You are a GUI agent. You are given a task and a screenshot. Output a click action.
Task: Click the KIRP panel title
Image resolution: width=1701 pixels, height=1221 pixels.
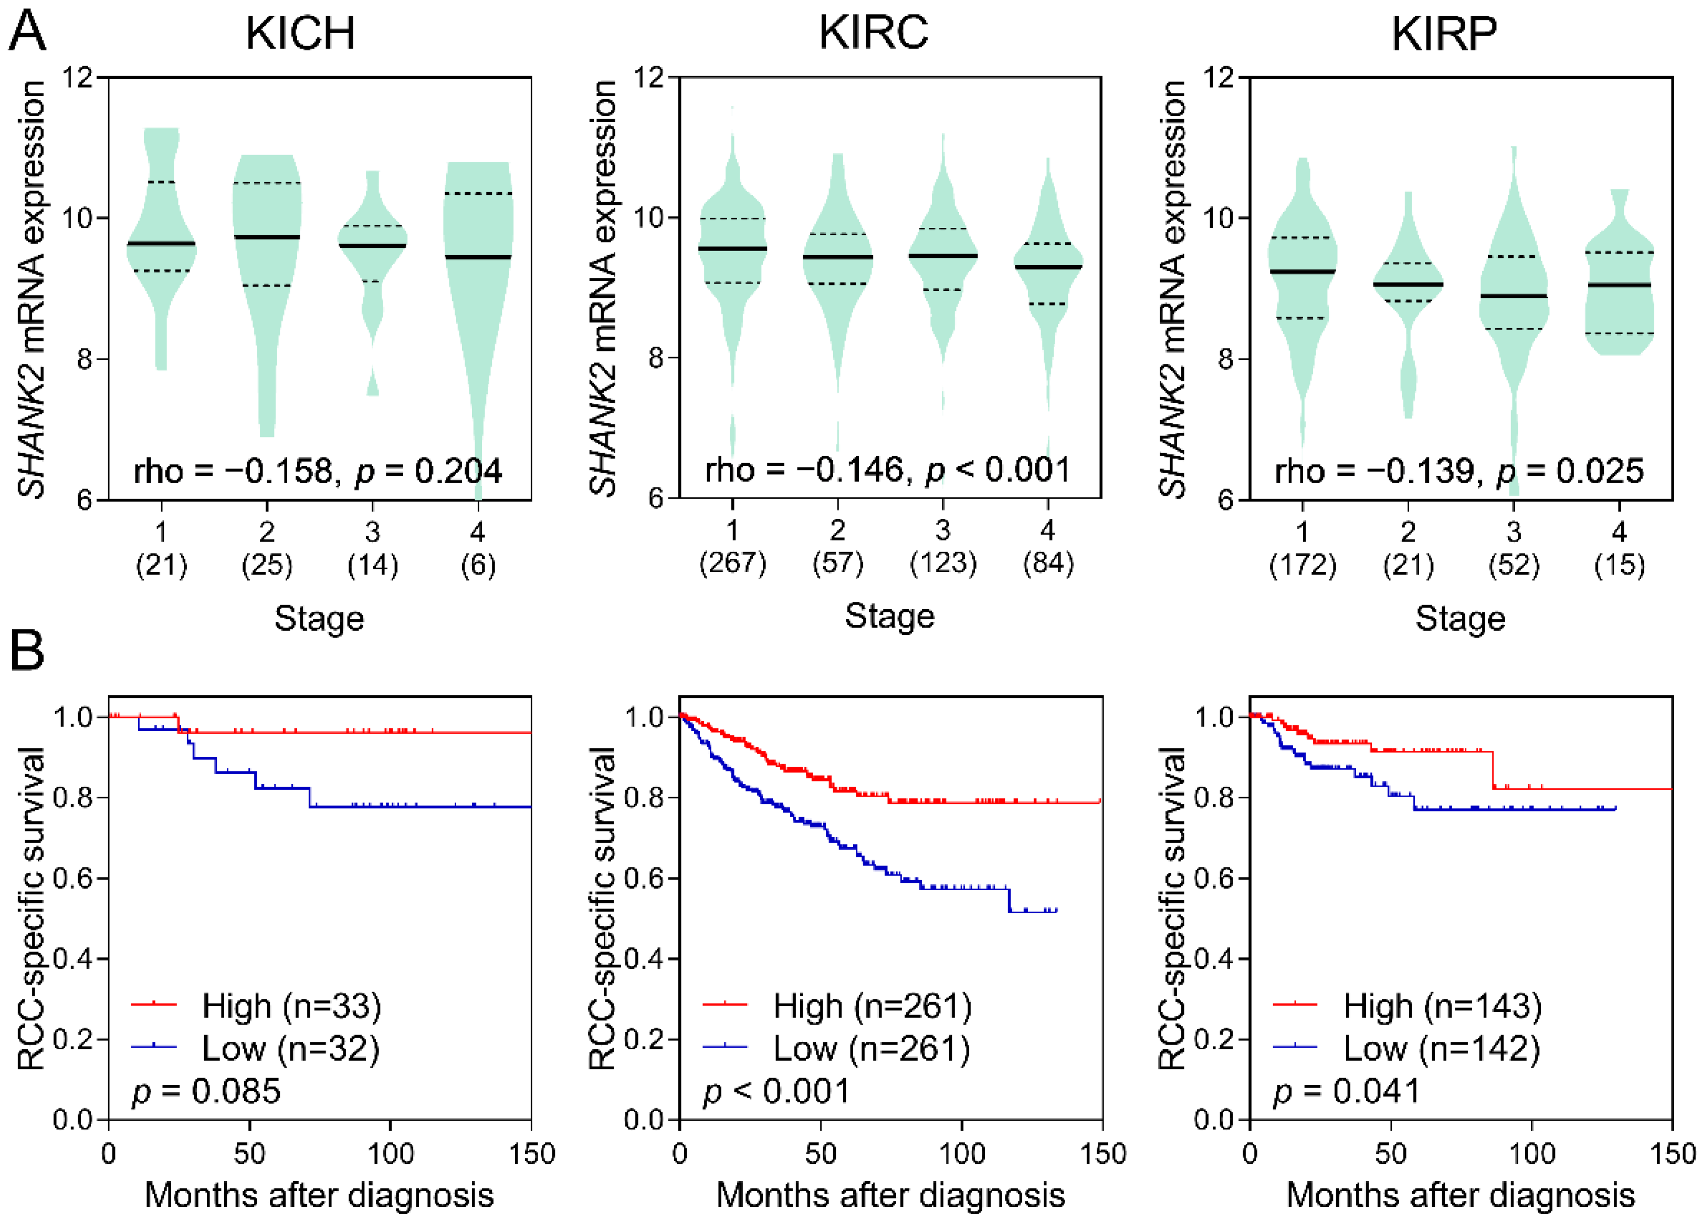point(1444,33)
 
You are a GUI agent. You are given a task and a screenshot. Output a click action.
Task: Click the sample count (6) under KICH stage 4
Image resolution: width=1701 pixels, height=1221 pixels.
point(478,564)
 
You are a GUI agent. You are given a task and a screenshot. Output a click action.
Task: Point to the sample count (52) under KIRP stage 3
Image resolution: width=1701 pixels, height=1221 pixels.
point(1514,564)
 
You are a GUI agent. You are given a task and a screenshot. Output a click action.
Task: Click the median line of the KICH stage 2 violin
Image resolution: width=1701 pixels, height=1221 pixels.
point(267,237)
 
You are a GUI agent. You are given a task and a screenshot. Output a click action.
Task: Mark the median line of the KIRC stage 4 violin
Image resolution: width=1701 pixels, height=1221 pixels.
point(1048,267)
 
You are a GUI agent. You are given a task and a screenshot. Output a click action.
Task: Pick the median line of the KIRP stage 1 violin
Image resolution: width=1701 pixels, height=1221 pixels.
point(1303,272)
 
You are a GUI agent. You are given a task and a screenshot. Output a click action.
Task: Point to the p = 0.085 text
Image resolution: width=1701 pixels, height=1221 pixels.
point(206,1091)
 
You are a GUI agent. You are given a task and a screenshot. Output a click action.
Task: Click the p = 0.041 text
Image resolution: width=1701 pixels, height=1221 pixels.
point(1346,1091)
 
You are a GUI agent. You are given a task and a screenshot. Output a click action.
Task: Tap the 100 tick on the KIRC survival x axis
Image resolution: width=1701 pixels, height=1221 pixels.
point(962,1153)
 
